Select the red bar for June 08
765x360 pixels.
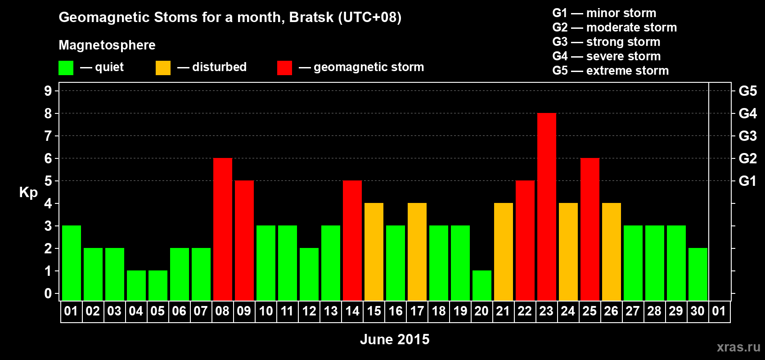point(223,229)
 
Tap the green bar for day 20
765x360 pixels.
point(482,286)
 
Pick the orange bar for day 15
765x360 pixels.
point(374,252)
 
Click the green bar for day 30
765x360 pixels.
point(697,274)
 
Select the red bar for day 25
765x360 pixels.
point(590,229)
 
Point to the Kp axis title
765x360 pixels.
point(28,193)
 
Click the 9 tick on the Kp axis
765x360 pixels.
point(48,91)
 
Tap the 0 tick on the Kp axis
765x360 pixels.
point(48,293)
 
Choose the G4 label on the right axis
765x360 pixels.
point(747,113)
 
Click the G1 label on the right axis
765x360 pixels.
point(747,181)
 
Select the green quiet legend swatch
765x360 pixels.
point(66,67)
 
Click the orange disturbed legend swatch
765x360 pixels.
point(163,67)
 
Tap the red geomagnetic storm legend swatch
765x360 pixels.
point(284,67)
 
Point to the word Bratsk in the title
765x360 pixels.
point(311,17)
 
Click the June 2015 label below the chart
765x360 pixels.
point(395,339)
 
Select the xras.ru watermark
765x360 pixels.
point(738,347)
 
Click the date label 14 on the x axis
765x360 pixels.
point(352,311)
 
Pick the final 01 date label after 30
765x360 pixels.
point(719,311)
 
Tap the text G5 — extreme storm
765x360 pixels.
point(610,71)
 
